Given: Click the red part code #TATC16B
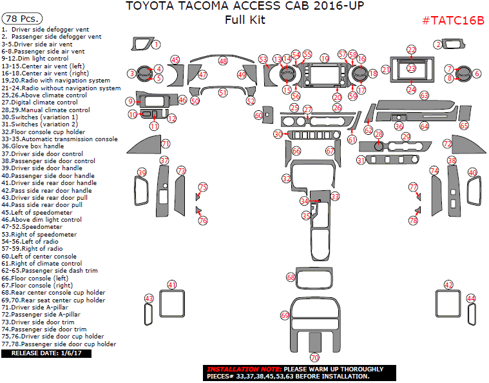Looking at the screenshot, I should click(x=452, y=20).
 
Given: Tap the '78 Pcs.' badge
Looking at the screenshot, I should click(x=20, y=19).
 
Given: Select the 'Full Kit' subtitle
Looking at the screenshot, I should click(x=245, y=20).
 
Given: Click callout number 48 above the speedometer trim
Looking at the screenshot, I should click(x=223, y=61).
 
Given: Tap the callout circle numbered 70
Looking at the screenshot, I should click(x=314, y=357).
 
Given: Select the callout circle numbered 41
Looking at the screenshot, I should click(x=171, y=284).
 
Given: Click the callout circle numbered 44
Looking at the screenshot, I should click(x=471, y=299).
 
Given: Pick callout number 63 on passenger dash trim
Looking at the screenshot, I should click(x=424, y=95).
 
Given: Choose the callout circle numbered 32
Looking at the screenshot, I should click(x=286, y=177).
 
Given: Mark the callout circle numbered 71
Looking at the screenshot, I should click(x=166, y=144).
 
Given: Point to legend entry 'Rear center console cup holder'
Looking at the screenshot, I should click(x=53, y=293).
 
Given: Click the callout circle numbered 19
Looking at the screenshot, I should click(x=324, y=59).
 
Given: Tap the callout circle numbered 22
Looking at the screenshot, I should click(x=412, y=49).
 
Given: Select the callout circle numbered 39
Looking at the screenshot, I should click(x=142, y=172).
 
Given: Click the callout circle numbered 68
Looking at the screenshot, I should click(x=291, y=277).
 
